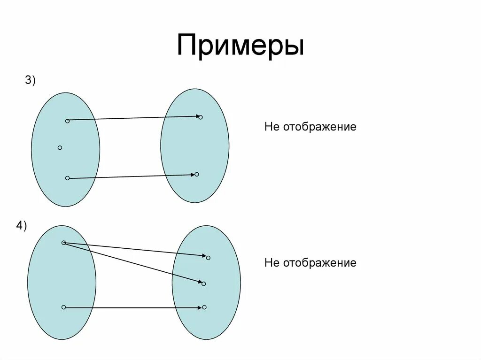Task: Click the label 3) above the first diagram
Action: (x=31, y=80)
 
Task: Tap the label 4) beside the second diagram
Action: (x=21, y=226)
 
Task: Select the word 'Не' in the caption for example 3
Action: (x=272, y=127)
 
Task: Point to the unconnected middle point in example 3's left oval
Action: (x=60, y=148)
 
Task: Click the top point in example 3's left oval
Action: (x=67, y=121)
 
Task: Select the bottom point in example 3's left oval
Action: (x=67, y=178)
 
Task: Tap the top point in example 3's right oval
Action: (x=201, y=117)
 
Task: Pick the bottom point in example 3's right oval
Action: (x=196, y=174)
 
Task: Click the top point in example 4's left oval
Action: (x=63, y=243)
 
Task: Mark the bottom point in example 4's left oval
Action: (x=63, y=307)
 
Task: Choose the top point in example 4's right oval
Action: (x=208, y=257)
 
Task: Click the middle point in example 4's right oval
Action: (x=203, y=283)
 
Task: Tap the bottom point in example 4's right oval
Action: (x=204, y=307)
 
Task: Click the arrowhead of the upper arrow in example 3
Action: (x=197, y=116)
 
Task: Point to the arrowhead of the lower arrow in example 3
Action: (x=192, y=175)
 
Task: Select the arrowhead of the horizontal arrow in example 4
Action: (x=200, y=307)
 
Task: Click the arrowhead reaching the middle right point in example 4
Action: (x=199, y=282)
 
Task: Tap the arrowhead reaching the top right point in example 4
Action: (x=204, y=256)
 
